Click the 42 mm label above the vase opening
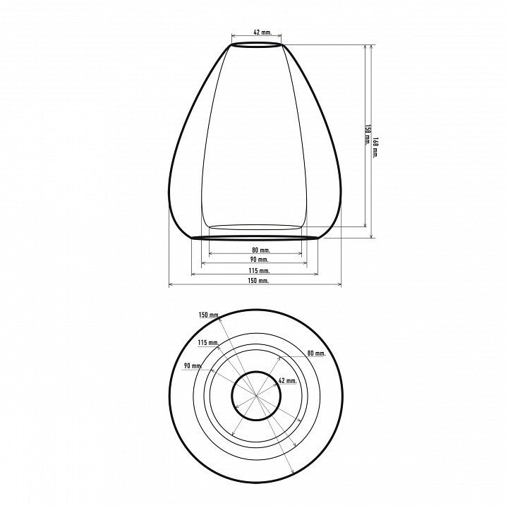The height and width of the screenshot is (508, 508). coord(262,32)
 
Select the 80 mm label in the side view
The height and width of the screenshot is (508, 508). coord(261,250)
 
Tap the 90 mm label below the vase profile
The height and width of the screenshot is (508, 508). coord(259,260)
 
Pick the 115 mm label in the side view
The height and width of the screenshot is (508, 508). coord(259,270)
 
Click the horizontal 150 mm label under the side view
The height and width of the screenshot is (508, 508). coord(258,281)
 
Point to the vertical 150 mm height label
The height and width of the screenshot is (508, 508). coord(368,135)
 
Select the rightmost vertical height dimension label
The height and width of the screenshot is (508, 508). coord(375,147)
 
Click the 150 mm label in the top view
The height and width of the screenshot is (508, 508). coord(208,315)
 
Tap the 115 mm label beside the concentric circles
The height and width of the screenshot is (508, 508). coord(208,342)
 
